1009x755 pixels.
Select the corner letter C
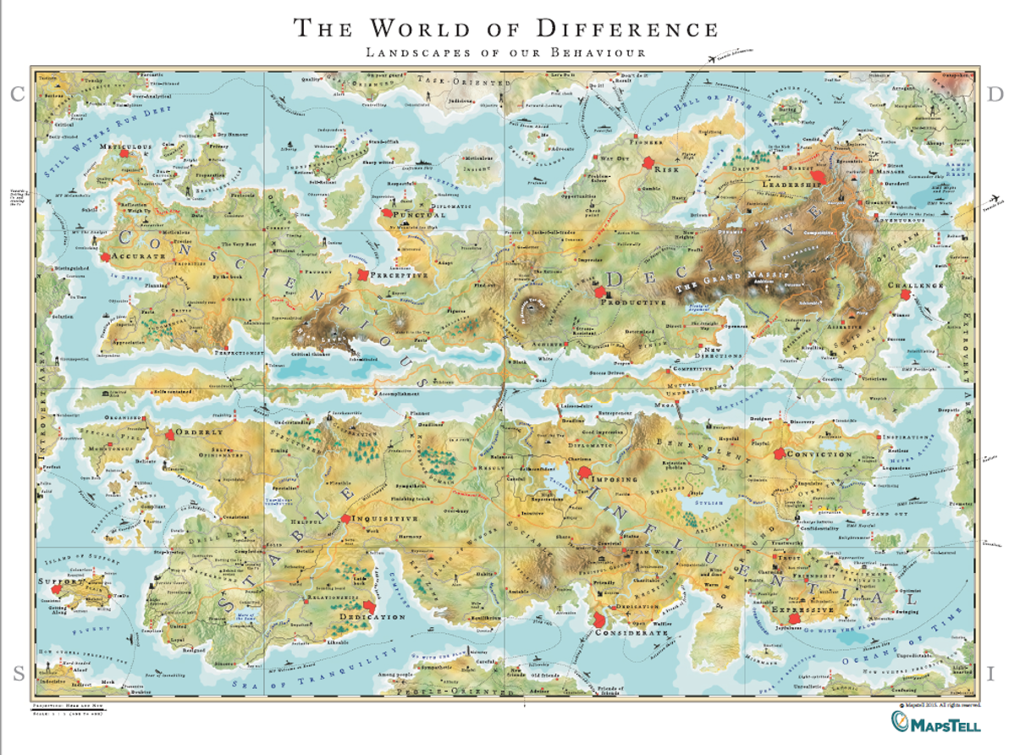tap(15, 95)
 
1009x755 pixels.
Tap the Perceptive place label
tap(402, 275)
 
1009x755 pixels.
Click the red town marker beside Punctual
tap(388, 215)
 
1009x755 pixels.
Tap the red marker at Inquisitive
tap(345, 519)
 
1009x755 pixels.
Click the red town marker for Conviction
tap(780, 454)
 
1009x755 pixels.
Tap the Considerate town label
tap(631, 632)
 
